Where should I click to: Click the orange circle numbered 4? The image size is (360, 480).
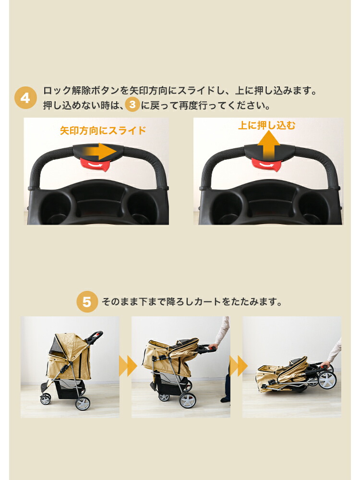pyautogui.click(x=25, y=98)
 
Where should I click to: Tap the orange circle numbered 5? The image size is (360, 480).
pyautogui.click(x=87, y=302)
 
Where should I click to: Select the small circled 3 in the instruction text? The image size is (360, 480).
pyautogui.click(x=132, y=105)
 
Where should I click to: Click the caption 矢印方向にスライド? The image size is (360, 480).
pyautogui.click(x=102, y=130)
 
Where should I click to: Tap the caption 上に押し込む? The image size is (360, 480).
pyautogui.click(x=267, y=126)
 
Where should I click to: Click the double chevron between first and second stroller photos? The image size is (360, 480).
pyautogui.click(x=127, y=367)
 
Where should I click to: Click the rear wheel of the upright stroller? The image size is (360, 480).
pyautogui.click(x=83, y=403)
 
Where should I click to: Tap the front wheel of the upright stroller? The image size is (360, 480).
pyautogui.click(x=46, y=399)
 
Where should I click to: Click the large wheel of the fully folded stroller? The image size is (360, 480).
pyautogui.click(x=326, y=380)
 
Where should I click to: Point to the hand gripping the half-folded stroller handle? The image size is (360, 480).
pyautogui.click(x=213, y=346)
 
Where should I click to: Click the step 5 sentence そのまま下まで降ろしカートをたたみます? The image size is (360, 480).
pyautogui.click(x=191, y=302)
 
